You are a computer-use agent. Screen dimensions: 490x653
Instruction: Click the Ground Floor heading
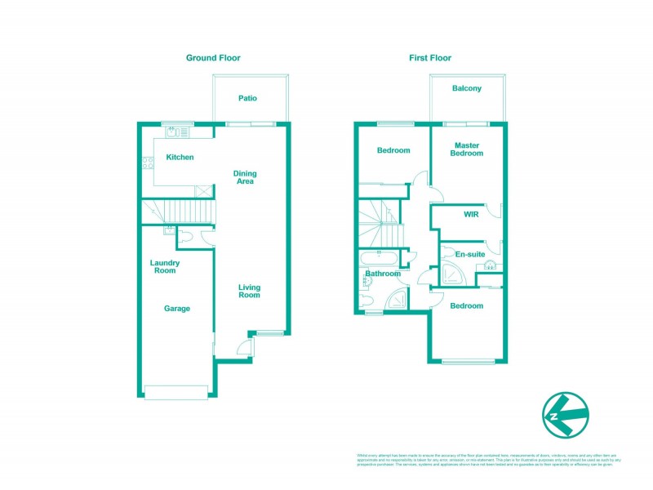[213, 58]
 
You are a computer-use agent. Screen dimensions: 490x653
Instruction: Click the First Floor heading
[430, 58]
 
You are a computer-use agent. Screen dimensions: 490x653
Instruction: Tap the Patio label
[247, 98]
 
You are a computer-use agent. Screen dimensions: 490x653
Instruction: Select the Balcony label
[467, 88]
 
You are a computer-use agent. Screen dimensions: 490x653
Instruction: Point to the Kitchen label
[180, 157]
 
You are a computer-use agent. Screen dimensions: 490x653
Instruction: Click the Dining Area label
[245, 177]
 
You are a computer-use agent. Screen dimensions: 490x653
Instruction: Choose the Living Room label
[249, 291]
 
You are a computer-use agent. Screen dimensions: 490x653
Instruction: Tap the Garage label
[177, 309]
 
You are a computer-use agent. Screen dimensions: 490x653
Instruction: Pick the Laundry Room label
[164, 266]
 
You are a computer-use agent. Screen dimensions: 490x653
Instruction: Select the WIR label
[470, 215]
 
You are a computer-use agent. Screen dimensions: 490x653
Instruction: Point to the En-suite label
[470, 255]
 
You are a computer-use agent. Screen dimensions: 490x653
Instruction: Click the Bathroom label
[382, 274]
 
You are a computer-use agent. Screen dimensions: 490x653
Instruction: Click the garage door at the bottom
[175, 391]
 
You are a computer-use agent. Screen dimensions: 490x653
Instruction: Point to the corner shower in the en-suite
[452, 274]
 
